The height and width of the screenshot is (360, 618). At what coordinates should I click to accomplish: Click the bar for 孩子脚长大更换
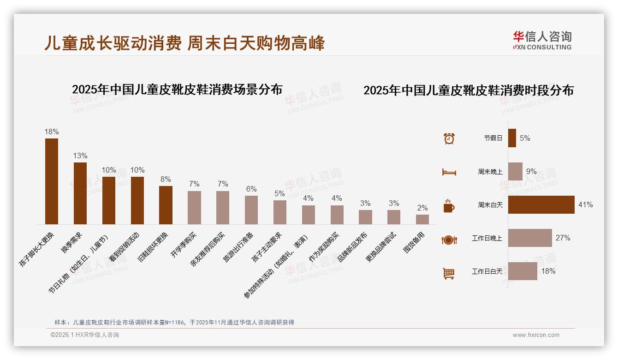(x=52, y=181)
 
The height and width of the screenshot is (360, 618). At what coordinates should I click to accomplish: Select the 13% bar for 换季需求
(x=80, y=193)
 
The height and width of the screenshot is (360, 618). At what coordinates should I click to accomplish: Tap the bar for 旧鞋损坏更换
(x=166, y=205)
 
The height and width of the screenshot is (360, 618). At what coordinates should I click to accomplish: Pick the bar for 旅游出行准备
(x=251, y=210)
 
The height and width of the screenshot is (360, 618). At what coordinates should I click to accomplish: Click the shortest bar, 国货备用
(x=422, y=219)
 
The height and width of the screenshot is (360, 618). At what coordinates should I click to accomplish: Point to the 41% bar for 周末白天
(x=541, y=204)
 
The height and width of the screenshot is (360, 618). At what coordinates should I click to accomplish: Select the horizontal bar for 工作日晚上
(x=530, y=238)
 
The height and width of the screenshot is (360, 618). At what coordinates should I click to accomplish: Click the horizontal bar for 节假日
(x=512, y=138)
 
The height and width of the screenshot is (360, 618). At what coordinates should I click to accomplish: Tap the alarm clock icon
(x=449, y=138)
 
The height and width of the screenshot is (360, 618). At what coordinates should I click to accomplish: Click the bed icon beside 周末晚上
(x=449, y=172)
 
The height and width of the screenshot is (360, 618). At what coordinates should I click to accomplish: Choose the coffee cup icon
(x=449, y=206)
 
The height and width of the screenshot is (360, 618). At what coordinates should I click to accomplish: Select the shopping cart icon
(x=449, y=273)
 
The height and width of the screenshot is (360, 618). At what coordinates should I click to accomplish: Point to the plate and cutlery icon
(x=449, y=240)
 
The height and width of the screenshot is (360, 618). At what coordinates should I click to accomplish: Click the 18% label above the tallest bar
(x=52, y=132)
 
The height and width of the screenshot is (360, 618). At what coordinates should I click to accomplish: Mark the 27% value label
(x=563, y=238)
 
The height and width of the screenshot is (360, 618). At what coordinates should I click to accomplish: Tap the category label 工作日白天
(x=487, y=271)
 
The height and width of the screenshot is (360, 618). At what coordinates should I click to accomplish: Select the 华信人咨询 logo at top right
(x=542, y=40)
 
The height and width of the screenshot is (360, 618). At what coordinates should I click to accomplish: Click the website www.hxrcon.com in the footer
(x=536, y=335)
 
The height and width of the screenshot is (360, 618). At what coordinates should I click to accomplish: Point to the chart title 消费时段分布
(x=469, y=90)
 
